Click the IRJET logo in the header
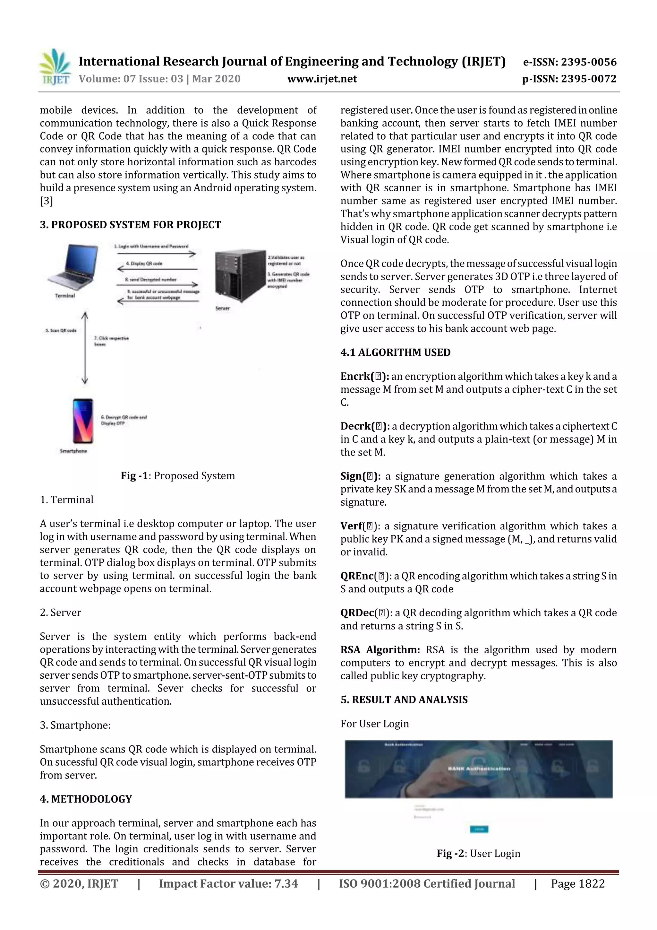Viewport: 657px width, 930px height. [x=54, y=67]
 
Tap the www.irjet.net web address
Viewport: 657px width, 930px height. [x=322, y=79]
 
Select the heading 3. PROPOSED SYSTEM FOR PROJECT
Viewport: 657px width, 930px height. [x=130, y=225]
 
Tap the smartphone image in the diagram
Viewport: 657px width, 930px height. [x=82, y=421]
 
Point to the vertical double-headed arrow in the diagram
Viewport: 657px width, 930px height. [x=85, y=348]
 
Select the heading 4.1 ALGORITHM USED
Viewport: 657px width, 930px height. [x=395, y=352]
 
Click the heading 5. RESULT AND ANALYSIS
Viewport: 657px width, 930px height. [x=404, y=700]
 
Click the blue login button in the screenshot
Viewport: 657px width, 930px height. [x=479, y=829]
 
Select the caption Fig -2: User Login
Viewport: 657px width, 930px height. [x=478, y=854]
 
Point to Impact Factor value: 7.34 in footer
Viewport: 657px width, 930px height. [x=228, y=884]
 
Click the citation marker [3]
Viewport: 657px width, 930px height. [x=46, y=201]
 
